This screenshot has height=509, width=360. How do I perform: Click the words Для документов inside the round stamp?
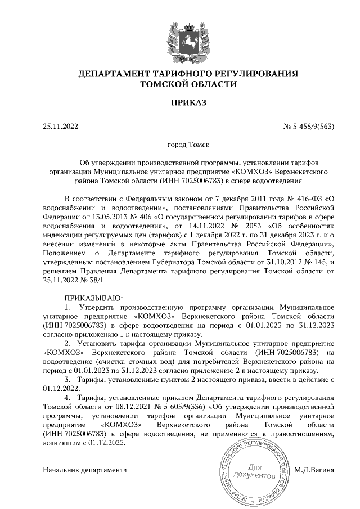[x=255, y=471]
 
